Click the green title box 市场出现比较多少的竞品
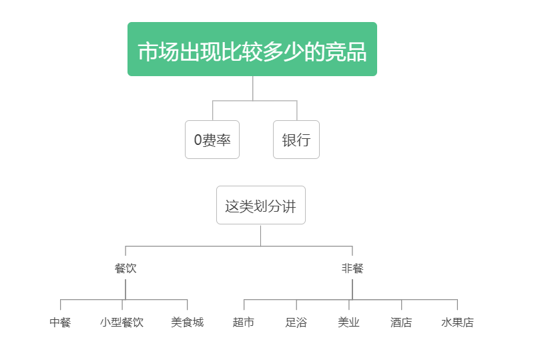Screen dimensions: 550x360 tap(252, 49)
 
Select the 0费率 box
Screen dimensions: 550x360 tap(212, 140)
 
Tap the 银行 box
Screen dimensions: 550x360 tap(296, 140)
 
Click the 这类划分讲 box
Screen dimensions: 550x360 tap(261, 205)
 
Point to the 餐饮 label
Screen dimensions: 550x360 tap(125, 268)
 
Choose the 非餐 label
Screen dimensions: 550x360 tap(352, 268)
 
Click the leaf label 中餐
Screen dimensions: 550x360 tap(60, 322)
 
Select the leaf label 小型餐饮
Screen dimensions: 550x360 tap(121, 322)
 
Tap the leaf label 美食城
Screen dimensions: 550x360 tap(188, 322)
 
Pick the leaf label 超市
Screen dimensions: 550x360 tap(244, 322)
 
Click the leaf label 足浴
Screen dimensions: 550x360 tap(296, 322)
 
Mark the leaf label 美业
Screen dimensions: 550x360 tap(348, 322)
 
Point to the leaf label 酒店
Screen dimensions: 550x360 tap(401, 322)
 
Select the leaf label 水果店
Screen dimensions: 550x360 tap(457, 322)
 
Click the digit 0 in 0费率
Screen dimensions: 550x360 tap(198, 140)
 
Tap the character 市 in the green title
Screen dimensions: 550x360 tap(148, 52)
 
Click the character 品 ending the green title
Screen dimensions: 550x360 tap(356, 52)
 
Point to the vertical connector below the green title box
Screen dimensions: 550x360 tap(253, 88)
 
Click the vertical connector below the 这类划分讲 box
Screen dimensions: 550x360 tap(260, 236)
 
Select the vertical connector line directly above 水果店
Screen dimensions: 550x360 tap(457, 305)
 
